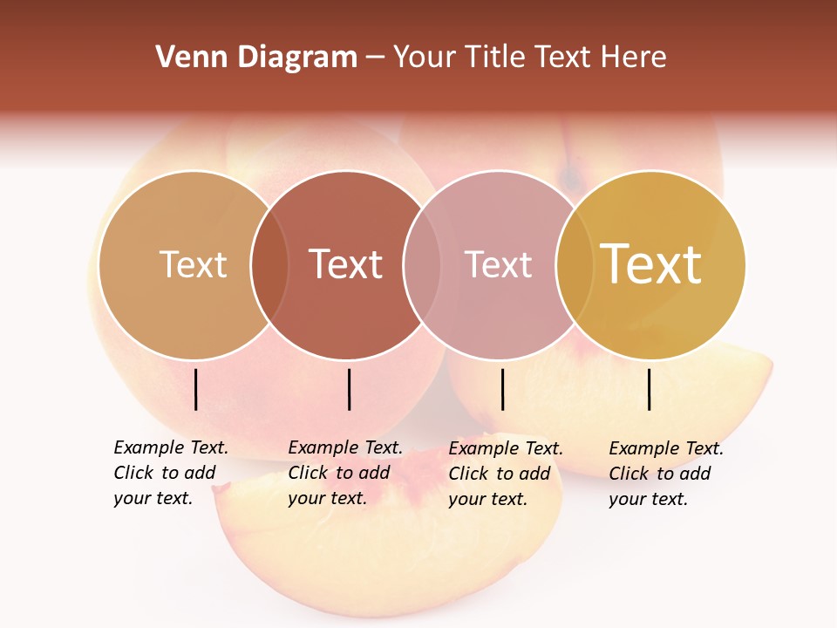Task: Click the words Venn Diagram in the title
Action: click(256, 58)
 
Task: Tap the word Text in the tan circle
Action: click(193, 264)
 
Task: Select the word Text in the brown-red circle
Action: click(346, 264)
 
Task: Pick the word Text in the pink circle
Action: click(498, 264)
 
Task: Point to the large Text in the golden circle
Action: click(651, 264)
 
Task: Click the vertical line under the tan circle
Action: click(195, 389)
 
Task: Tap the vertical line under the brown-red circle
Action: click(349, 389)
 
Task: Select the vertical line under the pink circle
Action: click(502, 389)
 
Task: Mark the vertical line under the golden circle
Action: click(649, 389)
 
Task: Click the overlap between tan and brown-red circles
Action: click(269, 264)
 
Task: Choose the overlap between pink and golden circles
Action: click(574, 264)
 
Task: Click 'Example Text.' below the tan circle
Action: click(171, 447)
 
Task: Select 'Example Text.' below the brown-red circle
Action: click(345, 447)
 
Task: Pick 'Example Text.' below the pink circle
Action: click(506, 448)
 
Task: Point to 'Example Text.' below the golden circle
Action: click(666, 448)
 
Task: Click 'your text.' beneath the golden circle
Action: click(648, 499)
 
